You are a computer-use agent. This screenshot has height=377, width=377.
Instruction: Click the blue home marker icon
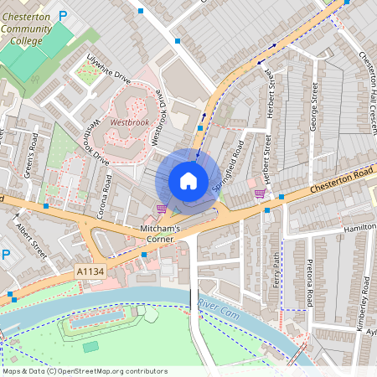point(188,180)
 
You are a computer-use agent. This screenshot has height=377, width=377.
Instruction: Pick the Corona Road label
point(106,195)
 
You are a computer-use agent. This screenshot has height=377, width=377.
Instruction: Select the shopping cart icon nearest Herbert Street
point(261,194)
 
